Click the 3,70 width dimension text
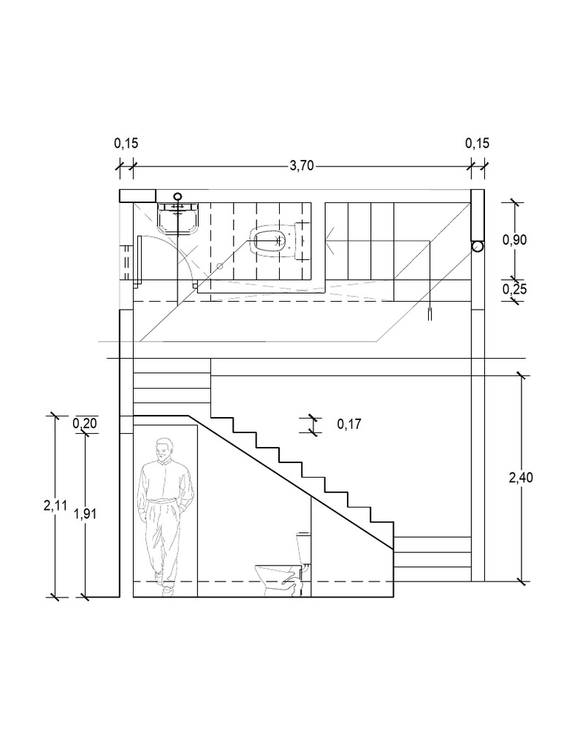pyautogui.click(x=301, y=166)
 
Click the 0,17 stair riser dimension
pyautogui.click(x=348, y=424)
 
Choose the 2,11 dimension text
pyautogui.click(x=55, y=505)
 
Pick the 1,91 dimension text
pyautogui.click(x=85, y=514)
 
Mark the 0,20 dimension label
pyautogui.click(x=85, y=424)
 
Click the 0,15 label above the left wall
pyautogui.click(x=126, y=144)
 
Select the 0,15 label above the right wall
pyautogui.click(x=478, y=144)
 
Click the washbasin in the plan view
pyautogui.click(x=178, y=218)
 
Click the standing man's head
pyautogui.click(x=166, y=448)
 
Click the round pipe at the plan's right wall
pyautogui.click(x=477, y=247)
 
